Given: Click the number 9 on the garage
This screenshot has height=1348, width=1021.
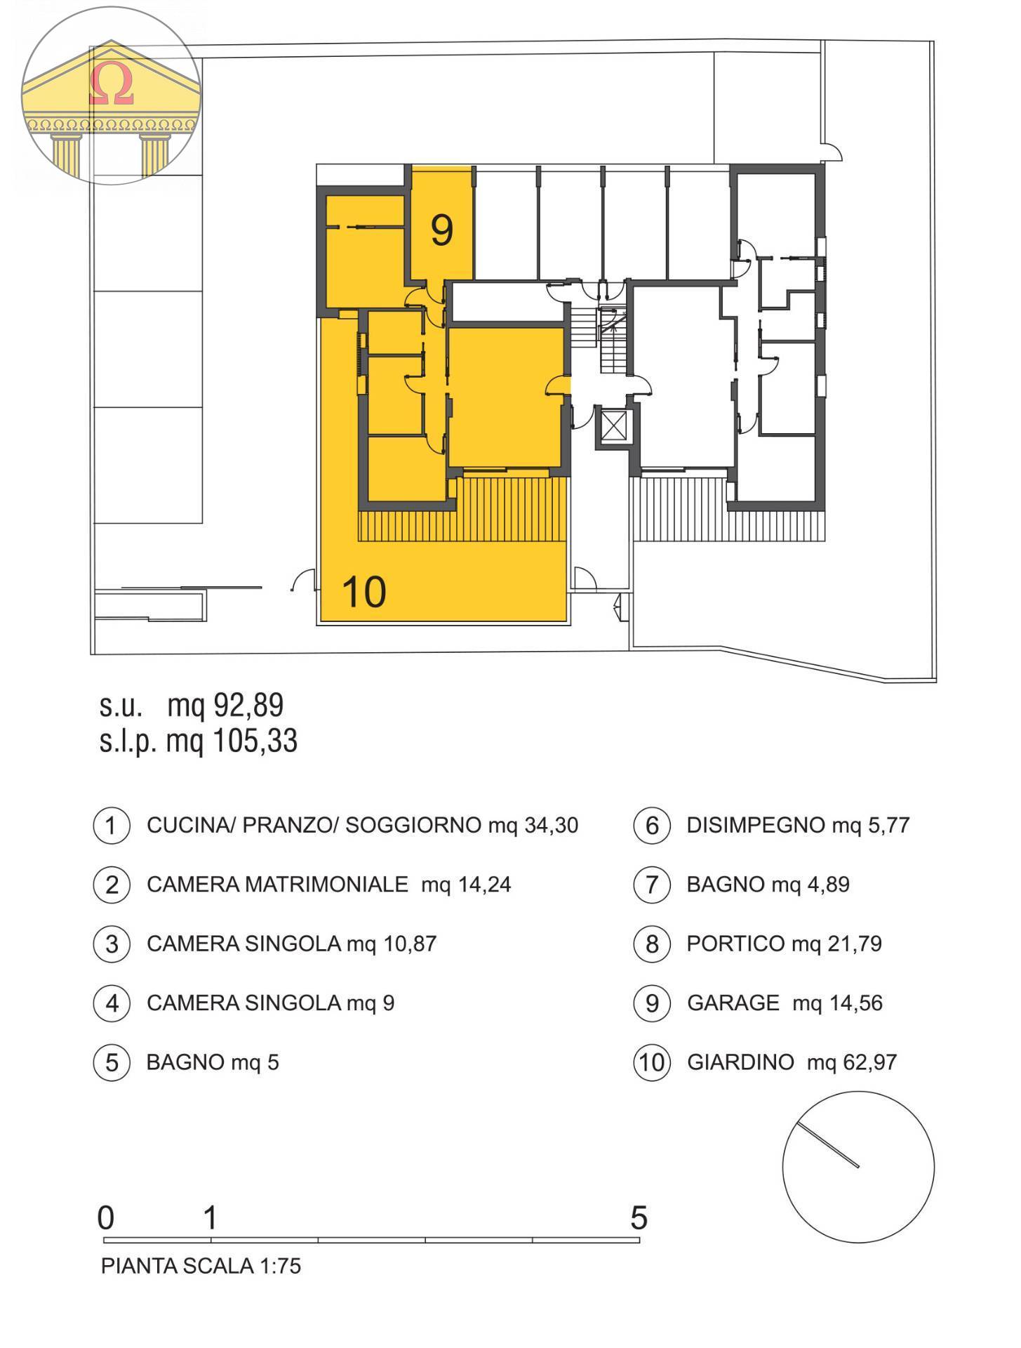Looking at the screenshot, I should click(442, 230).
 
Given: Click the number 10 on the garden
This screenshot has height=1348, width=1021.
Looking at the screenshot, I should click(364, 592).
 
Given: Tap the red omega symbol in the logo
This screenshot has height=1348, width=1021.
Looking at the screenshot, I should click(112, 85).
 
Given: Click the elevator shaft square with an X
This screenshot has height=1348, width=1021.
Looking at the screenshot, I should click(614, 425).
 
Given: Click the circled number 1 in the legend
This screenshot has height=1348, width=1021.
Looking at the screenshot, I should click(112, 826).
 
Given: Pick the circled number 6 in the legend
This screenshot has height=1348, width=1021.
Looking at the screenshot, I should click(651, 826).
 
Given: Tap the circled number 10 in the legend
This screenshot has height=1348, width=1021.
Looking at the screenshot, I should click(651, 1062).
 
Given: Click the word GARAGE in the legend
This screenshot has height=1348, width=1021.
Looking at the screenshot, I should click(733, 1003).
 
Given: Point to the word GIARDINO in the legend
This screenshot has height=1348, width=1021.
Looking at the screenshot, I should click(740, 1062).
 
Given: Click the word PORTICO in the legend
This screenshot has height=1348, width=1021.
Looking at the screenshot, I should click(735, 944).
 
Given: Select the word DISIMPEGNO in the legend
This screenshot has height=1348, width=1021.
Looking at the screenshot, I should click(756, 826).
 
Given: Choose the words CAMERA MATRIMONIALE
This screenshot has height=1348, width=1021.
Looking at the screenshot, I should click(277, 885).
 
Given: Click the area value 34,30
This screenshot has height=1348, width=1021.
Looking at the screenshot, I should click(551, 826).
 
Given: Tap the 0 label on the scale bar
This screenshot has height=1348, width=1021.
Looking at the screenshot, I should click(106, 1218).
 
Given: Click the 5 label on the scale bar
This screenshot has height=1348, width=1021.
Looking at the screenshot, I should click(639, 1218).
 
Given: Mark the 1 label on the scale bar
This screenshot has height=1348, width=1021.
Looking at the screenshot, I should click(211, 1218).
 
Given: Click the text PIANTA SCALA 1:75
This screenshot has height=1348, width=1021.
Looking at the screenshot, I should click(201, 1266).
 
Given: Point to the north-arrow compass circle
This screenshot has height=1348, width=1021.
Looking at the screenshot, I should click(858, 1168).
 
